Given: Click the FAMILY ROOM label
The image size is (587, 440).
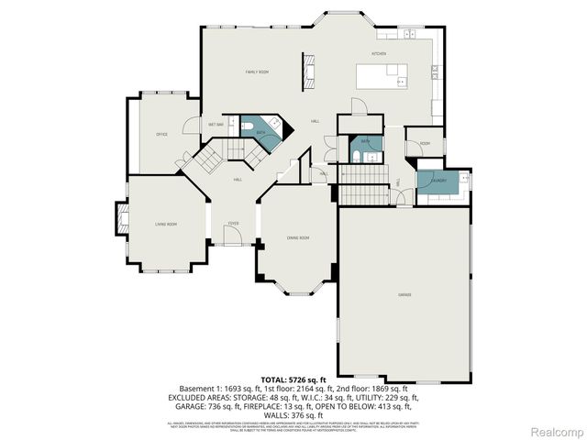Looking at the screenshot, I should (257, 71).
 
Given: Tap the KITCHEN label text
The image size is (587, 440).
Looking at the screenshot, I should (379, 54).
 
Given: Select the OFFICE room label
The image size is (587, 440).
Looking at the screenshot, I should (161, 135).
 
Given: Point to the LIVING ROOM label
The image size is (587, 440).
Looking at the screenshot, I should (166, 224).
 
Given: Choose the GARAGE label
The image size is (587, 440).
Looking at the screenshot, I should (404, 294).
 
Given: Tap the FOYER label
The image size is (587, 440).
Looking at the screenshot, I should (234, 223).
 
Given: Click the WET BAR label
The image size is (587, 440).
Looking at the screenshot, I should (216, 125).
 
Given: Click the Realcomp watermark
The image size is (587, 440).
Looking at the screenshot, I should (551, 431).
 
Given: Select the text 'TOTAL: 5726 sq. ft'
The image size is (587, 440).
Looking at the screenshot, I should (293, 379).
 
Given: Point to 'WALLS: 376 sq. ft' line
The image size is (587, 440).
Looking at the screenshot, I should (293, 415).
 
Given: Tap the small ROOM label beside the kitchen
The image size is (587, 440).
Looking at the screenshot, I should (425, 144).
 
